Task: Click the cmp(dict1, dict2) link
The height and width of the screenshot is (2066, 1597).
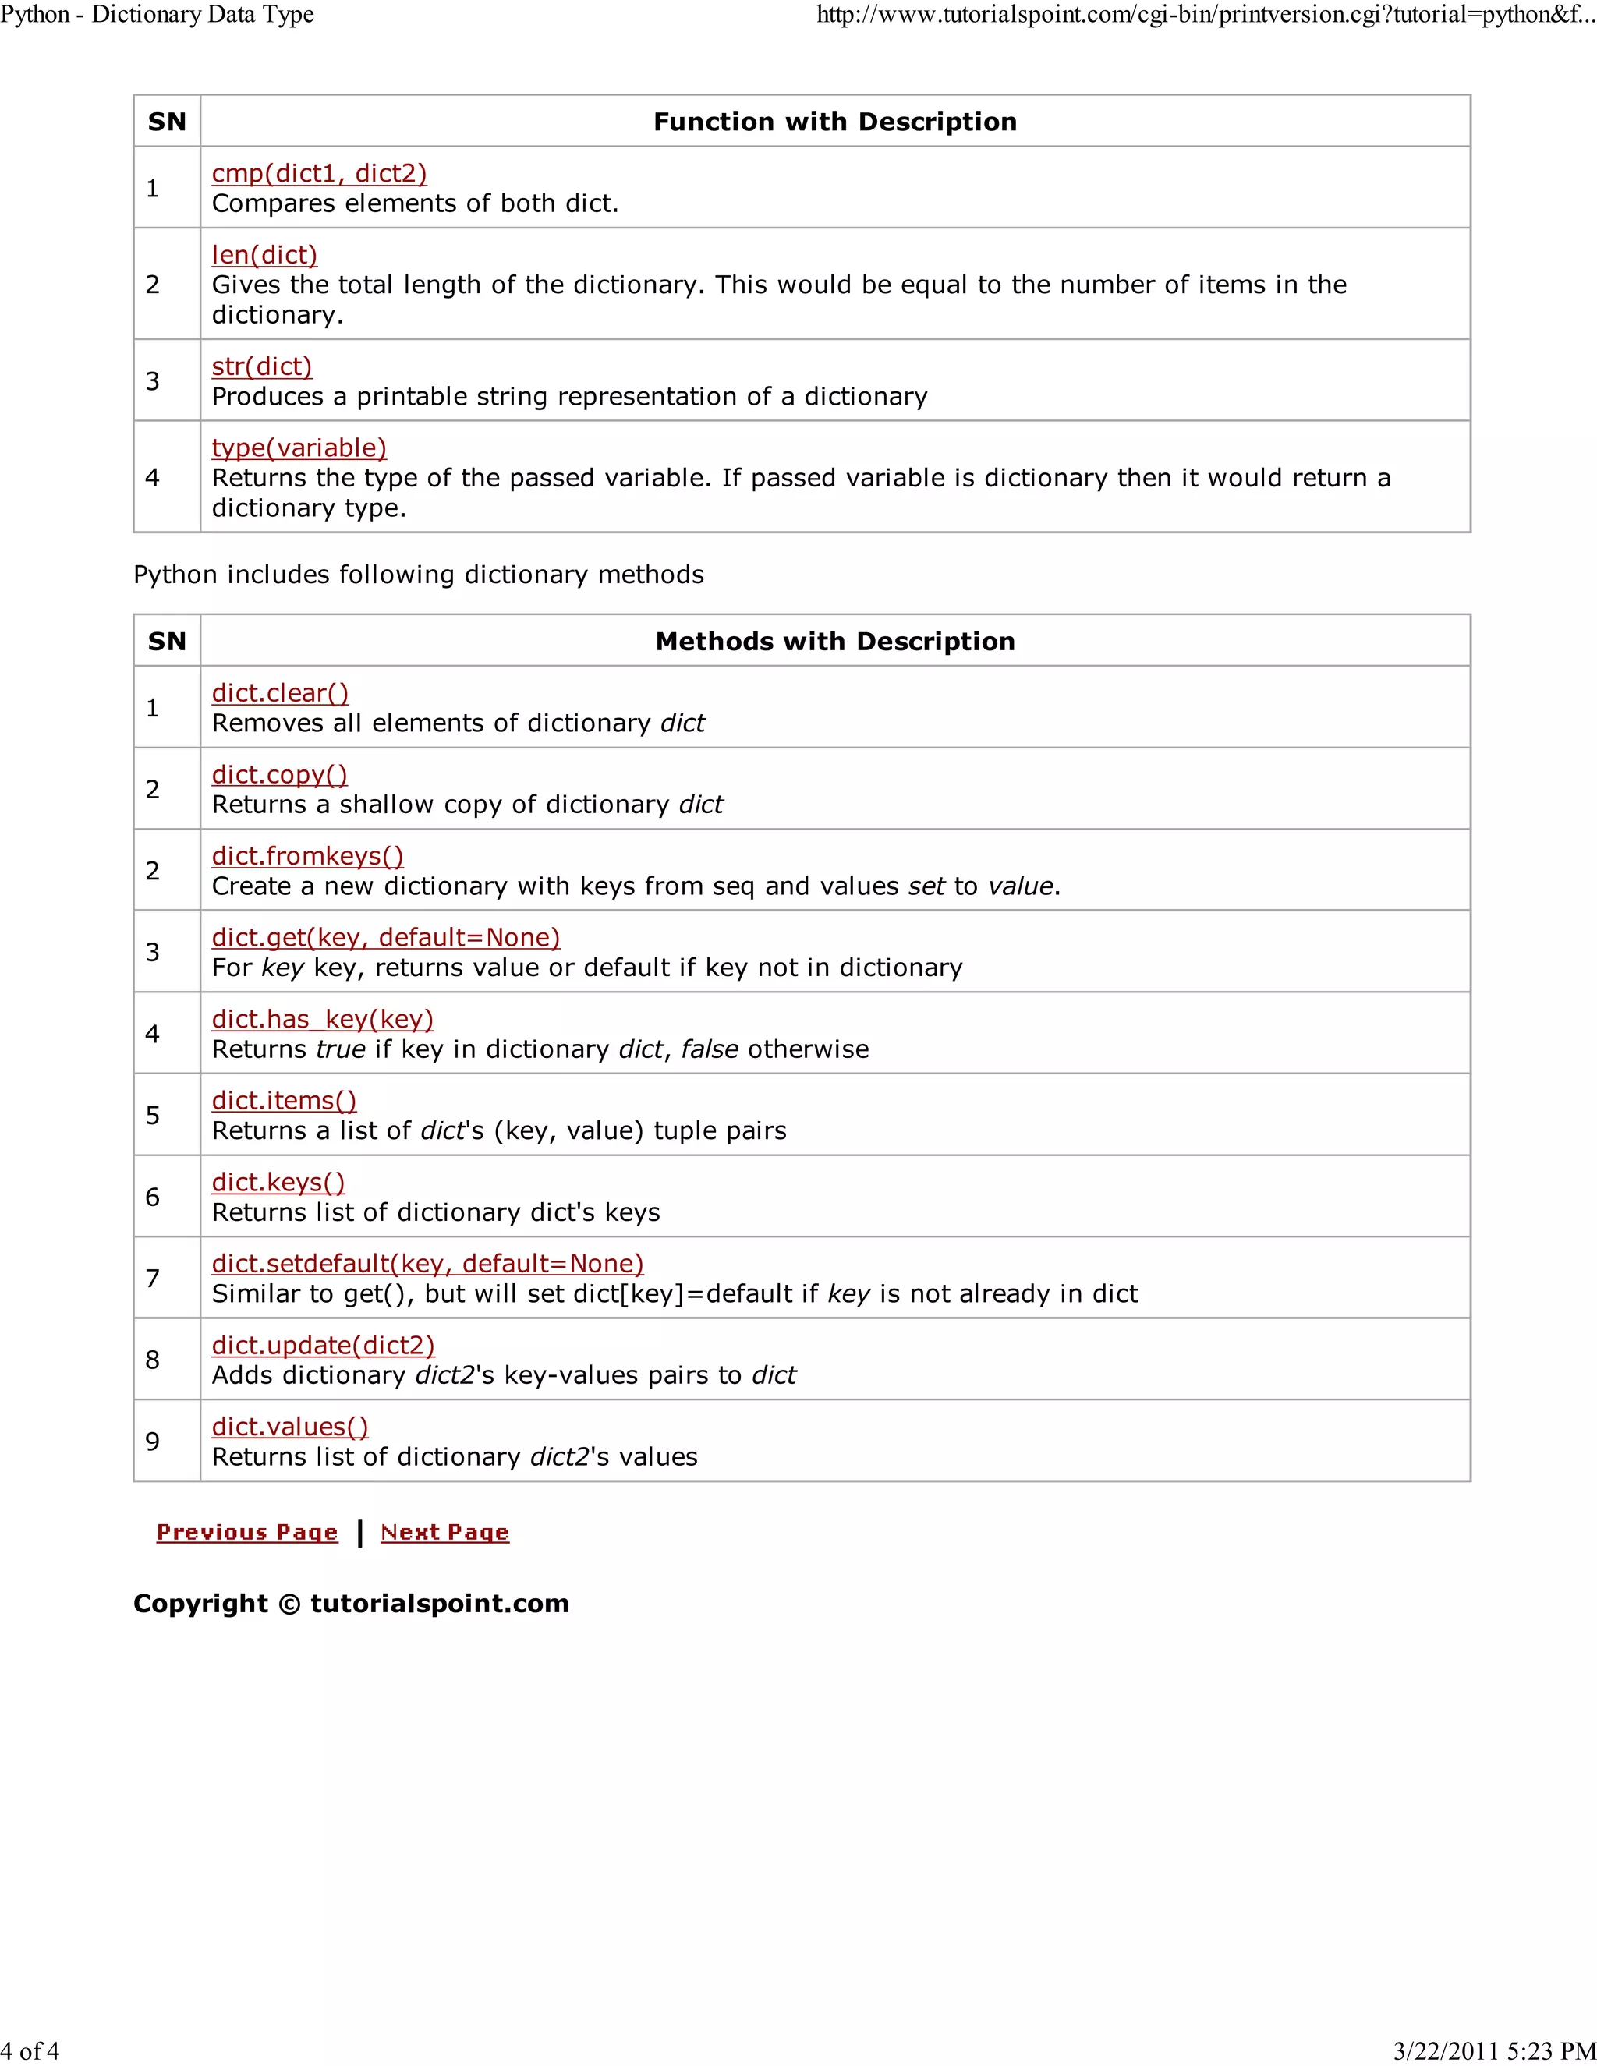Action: (319, 173)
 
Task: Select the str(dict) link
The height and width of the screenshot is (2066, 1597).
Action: (261, 366)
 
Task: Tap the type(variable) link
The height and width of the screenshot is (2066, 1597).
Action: (299, 448)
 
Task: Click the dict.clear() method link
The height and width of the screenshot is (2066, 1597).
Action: (280, 692)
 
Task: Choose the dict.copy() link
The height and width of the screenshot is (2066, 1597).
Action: (279, 774)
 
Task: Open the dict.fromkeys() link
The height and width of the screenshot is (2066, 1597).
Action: (307, 855)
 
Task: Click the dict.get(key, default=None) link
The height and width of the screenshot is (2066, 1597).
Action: (386, 936)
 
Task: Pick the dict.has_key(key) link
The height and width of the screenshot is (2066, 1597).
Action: (323, 1019)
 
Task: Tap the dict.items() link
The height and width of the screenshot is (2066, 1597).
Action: (284, 1100)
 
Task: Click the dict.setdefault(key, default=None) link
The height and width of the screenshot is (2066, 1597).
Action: (427, 1263)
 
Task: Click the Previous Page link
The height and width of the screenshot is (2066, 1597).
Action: (247, 1533)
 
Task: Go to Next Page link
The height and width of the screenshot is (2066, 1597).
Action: (444, 1533)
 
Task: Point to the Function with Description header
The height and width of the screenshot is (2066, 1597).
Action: (834, 122)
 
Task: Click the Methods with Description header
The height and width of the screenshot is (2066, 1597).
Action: (834, 642)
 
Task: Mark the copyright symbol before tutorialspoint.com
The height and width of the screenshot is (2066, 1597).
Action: (289, 1604)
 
